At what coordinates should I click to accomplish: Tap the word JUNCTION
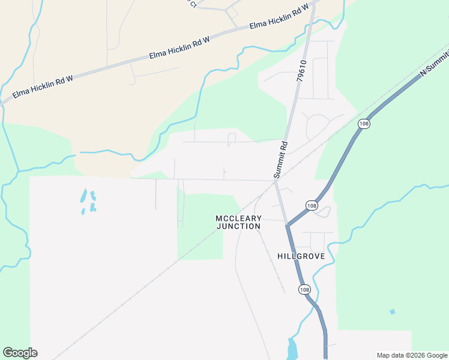pos(238,227)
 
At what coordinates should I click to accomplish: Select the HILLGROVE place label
pos(301,256)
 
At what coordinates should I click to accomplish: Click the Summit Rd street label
pos(281,160)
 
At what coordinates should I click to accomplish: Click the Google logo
pos(20,353)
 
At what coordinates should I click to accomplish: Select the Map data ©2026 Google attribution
pos(412,355)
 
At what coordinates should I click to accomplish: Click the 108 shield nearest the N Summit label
pos(364,124)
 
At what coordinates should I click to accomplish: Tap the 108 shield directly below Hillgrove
pos(304,289)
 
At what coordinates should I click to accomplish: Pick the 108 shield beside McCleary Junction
pos(311,205)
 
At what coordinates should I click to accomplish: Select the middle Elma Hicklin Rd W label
pos(179,48)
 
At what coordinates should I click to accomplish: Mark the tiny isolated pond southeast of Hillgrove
pos(392,311)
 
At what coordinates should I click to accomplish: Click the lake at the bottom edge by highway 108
pos(292,350)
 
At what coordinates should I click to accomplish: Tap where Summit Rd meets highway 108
pos(288,226)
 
